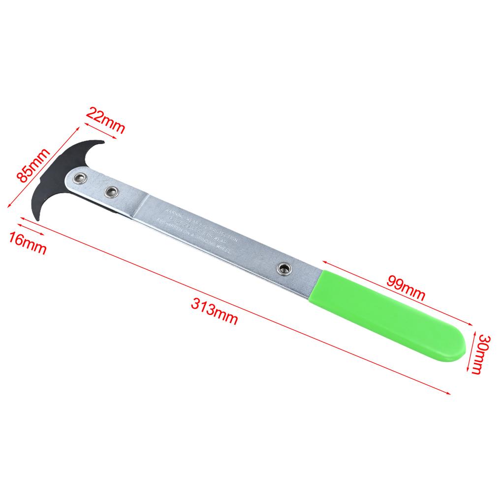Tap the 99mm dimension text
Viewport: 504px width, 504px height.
tap(406, 288)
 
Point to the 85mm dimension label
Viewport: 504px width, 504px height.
tap(34, 165)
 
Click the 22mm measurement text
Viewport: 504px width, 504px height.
tap(105, 121)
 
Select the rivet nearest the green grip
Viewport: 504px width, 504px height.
tap(283, 268)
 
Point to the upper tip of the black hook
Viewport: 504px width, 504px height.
tap(100, 142)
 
